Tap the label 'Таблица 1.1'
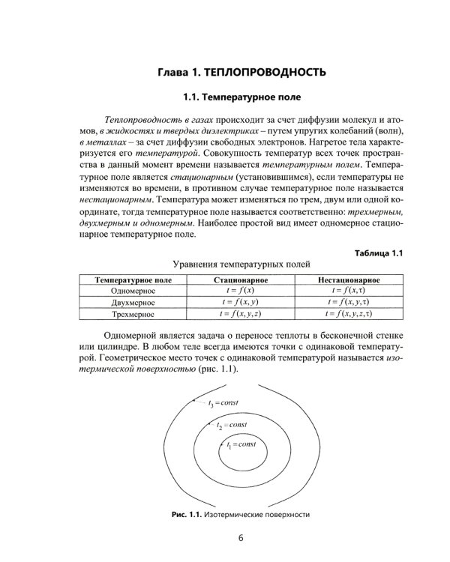click(x=379, y=253)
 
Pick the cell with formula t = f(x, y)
click(x=241, y=303)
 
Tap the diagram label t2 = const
click(x=232, y=425)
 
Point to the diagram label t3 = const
click(x=223, y=403)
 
